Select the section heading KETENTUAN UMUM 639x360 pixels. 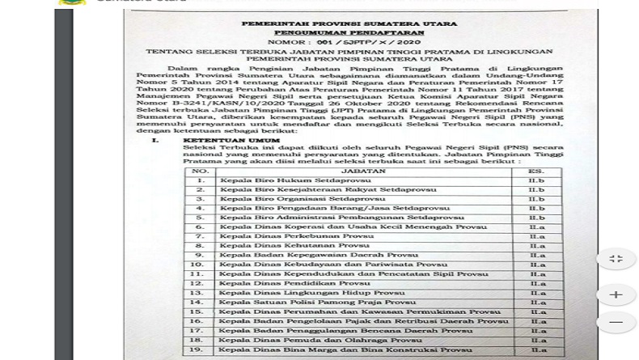click(220, 140)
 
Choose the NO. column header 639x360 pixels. click(201, 172)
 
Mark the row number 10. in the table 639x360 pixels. click(196, 265)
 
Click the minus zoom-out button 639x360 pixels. click(616, 322)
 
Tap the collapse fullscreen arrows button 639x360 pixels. click(616, 259)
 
